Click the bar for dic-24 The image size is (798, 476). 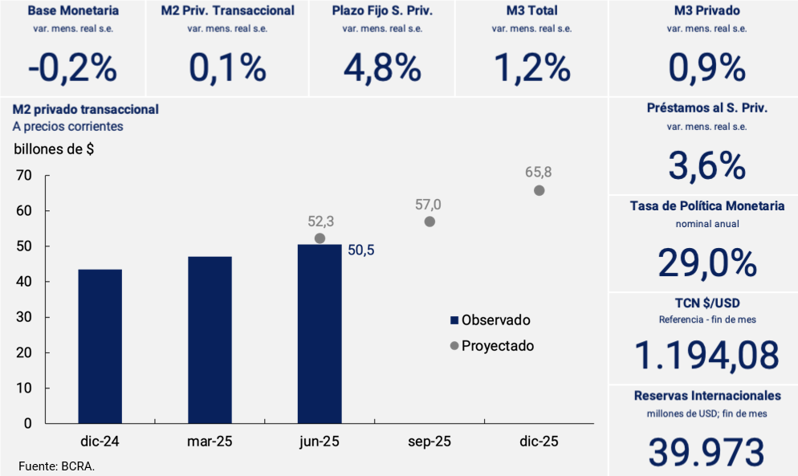click(100, 346)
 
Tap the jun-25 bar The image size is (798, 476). click(320, 333)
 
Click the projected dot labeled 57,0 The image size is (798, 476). click(430, 222)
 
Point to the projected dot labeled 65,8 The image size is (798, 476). click(539, 190)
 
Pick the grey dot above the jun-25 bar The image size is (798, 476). click(320, 238)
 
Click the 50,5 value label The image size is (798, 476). click(360, 250)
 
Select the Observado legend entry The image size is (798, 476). click(490, 320)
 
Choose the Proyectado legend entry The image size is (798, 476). click(491, 346)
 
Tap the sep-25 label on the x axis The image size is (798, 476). click(430, 442)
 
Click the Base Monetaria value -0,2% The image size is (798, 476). click(72, 69)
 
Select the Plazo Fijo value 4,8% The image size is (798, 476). click(382, 69)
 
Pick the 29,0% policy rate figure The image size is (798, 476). click(707, 263)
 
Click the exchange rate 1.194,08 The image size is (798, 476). click(707, 356)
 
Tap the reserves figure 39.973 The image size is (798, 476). click(707, 453)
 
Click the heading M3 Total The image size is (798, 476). click(531, 11)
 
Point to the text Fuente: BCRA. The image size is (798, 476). click(56, 466)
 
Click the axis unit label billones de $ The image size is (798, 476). click(54, 148)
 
